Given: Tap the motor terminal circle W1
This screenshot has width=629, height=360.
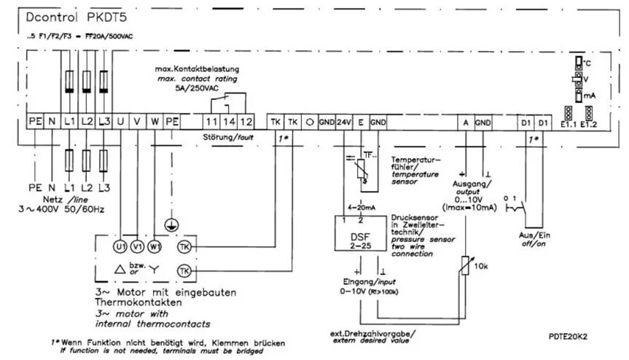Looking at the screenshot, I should pyautogui.click(x=154, y=246).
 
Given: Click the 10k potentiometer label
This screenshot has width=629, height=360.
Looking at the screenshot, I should pyautogui.click(x=482, y=267).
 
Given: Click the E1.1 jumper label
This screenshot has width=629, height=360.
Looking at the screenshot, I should pyautogui.click(x=569, y=125).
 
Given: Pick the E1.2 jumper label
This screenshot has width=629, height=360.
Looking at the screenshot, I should pyautogui.click(x=589, y=125).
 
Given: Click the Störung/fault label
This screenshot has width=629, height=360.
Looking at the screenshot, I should pyautogui.click(x=228, y=136).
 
